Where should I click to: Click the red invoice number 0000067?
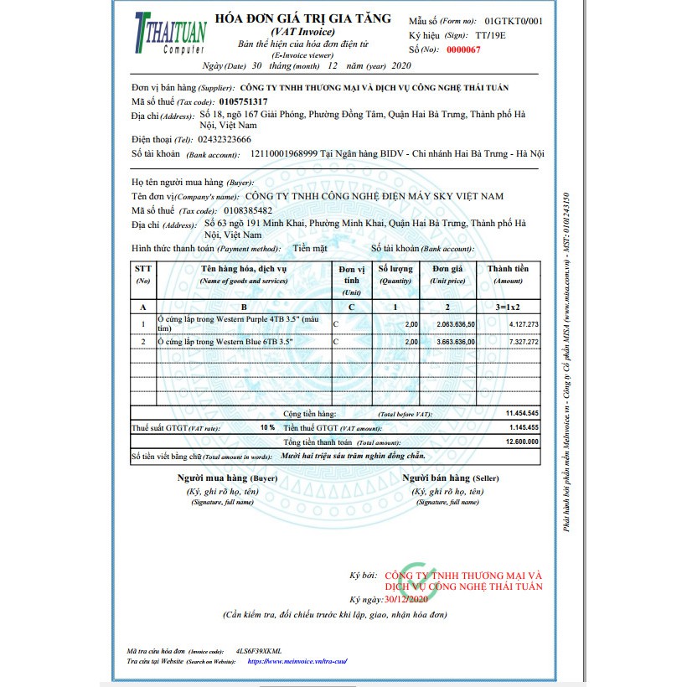(x=463, y=49)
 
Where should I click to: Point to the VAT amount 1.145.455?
(x=522, y=427)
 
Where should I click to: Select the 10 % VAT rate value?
(x=266, y=427)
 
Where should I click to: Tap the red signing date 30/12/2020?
(x=406, y=600)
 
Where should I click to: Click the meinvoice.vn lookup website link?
(x=297, y=661)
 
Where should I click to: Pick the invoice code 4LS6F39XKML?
(x=259, y=650)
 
